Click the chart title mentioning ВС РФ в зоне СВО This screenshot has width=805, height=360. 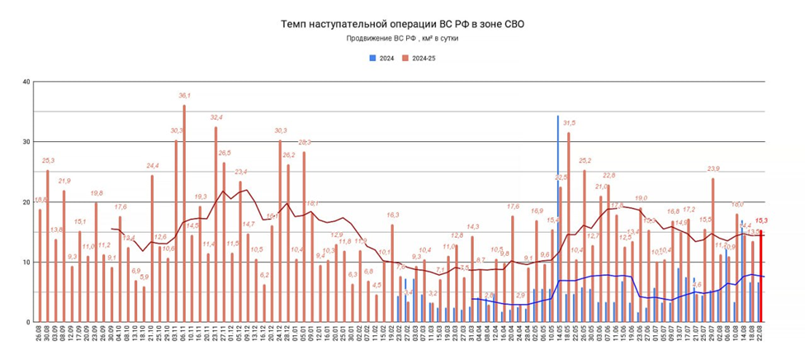(402, 24)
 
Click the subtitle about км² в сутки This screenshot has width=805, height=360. (402, 39)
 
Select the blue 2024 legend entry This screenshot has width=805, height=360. (381, 58)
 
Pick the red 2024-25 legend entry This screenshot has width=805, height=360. (420, 58)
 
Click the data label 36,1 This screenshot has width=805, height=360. (184, 96)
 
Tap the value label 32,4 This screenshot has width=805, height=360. (215, 118)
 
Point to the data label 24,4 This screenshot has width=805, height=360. (153, 166)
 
